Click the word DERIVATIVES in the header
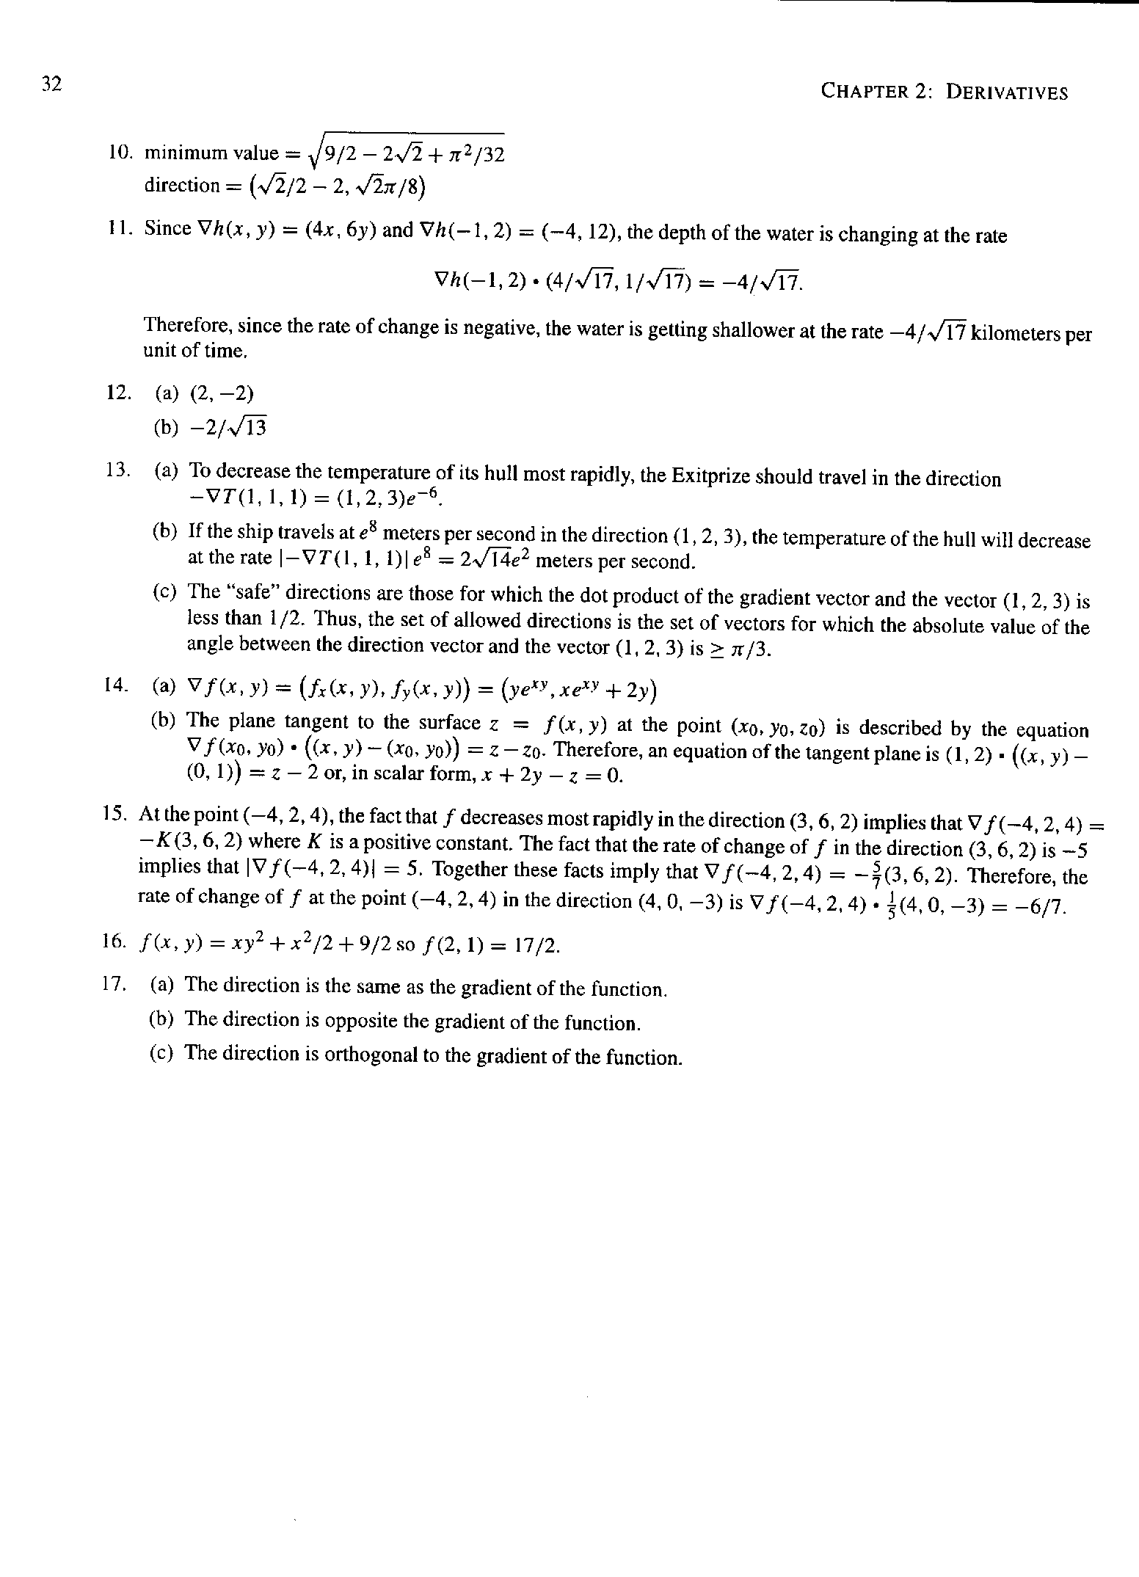1006,92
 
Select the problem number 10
119,153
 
